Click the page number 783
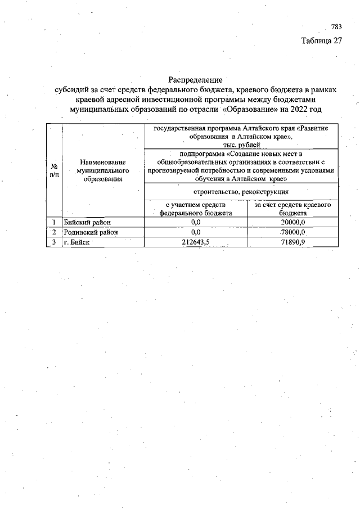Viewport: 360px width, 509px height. (x=336, y=27)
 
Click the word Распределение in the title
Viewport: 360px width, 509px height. (x=196, y=80)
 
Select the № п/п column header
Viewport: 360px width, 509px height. (x=55, y=171)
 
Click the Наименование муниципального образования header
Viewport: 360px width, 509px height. (x=102, y=170)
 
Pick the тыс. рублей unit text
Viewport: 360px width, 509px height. (x=242, y=145)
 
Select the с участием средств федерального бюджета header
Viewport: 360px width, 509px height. (x=196, y=209)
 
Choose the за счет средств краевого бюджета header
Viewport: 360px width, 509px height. (x=292, y=209)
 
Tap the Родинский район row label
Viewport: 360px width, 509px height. (x=91, y=232)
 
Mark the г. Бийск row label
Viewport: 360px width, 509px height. (x=77, y=242)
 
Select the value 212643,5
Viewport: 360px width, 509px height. (x=196, y=242)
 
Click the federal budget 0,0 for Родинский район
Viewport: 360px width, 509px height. (x=196, y=232)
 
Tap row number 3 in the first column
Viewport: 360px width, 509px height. (x=54, y=242)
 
